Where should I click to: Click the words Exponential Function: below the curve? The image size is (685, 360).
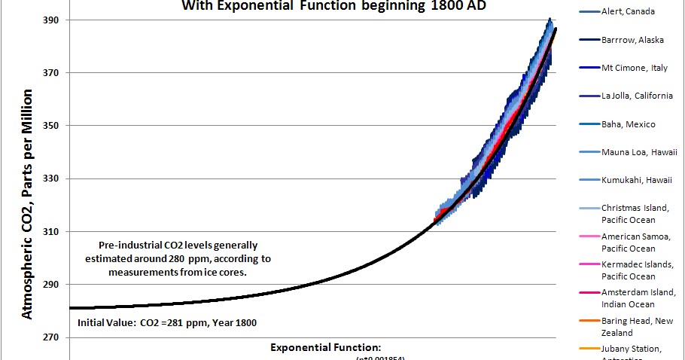coord(327,347)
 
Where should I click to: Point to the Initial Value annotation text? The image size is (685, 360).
coord(166,323)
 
